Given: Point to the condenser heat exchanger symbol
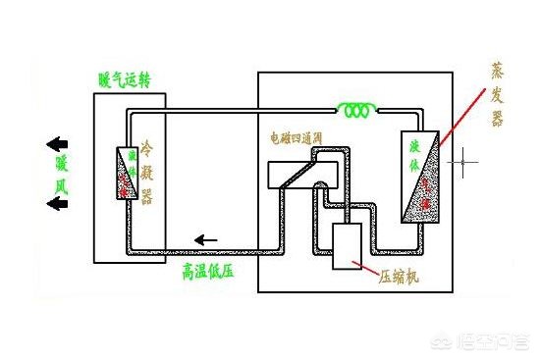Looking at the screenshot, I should coord(125,173).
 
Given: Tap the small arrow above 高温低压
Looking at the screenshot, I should coord(206,238).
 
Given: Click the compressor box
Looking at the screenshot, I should coord(348,245).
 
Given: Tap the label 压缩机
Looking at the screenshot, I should coord(400,278).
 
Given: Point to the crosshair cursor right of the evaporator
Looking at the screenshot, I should coord(461,159).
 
